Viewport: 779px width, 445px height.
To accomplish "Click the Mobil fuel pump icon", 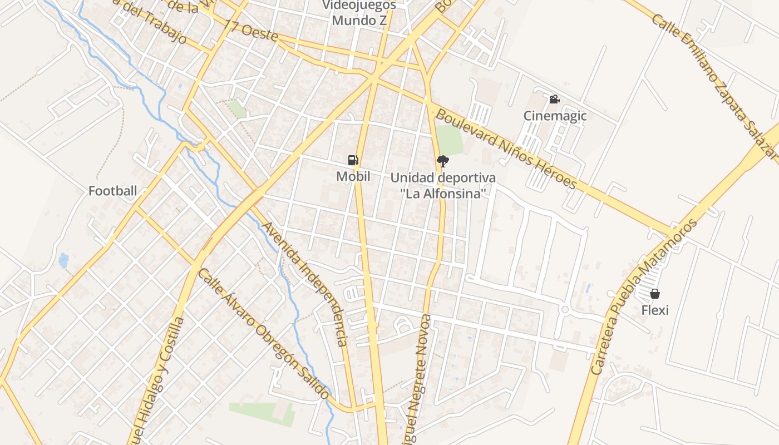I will pos(353,160).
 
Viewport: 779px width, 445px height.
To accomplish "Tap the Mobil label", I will pos(353,176).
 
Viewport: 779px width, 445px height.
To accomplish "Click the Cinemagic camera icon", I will pos(554,99).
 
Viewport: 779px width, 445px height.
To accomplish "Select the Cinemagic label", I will pos(555,116).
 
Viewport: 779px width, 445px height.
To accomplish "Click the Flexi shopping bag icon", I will pos(655,293).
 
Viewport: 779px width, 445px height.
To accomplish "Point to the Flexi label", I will pos(655,310).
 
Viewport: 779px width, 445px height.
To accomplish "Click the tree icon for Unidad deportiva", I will pos(443,161).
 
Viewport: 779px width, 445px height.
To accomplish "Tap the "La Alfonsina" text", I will pos(443,194).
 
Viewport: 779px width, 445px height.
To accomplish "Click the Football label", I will pos(112,191).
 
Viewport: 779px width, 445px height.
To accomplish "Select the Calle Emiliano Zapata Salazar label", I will pos(714,83).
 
